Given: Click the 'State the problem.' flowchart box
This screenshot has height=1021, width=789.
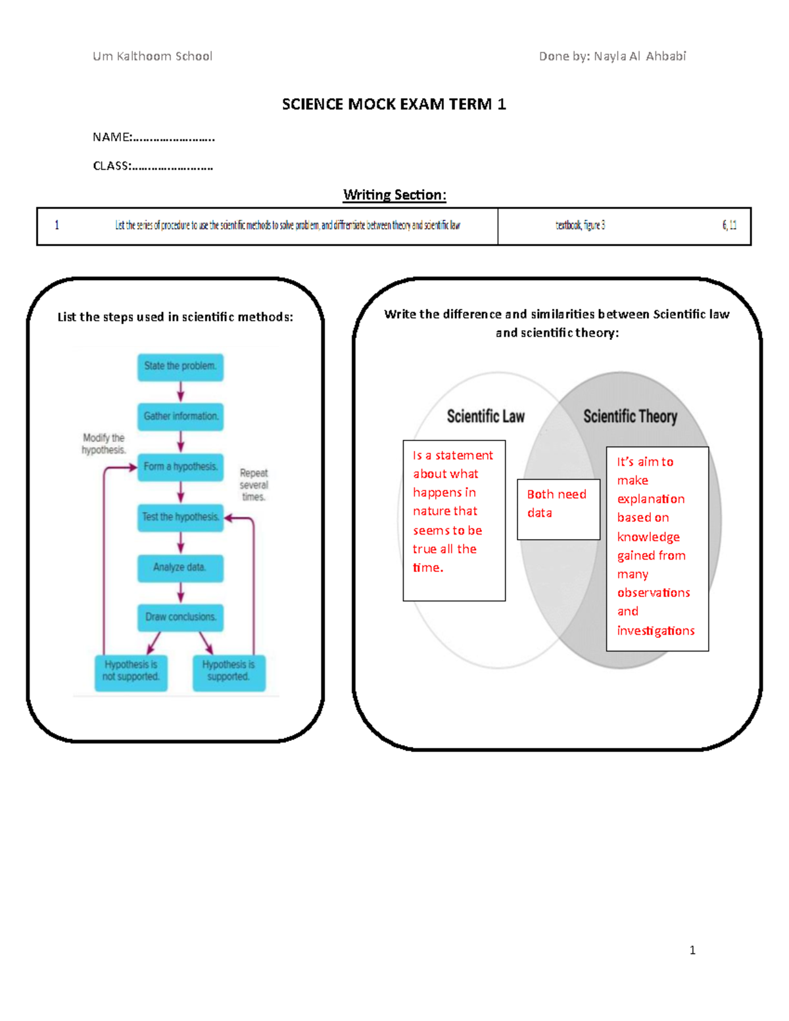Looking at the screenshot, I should click(x=180, y=367).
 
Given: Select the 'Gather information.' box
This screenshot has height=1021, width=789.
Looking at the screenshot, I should click(x=180, y=417).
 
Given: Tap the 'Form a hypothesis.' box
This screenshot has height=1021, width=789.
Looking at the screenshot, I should click(x=180, y=467).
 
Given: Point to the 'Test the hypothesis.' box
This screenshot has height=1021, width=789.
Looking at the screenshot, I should click(x=180, y=517).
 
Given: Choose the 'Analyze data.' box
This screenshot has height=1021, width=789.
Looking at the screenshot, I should click(x=180, y=567).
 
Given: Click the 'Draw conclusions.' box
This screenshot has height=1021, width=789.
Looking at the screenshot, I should click(x=180, y=617).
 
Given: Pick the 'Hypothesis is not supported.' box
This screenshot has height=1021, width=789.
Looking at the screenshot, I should click(x=131, y=671).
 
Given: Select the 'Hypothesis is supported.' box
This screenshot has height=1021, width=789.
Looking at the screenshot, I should click(x=229, y=671).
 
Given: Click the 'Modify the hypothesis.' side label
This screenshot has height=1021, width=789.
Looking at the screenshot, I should click(x=103, y=444).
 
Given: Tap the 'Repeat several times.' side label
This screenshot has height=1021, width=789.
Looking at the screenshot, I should click(x=254, y=485).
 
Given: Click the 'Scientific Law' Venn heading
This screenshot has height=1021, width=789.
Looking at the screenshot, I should click(x=486, y=416).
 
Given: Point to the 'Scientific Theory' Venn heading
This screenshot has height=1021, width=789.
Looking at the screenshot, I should click(x=630, y=416).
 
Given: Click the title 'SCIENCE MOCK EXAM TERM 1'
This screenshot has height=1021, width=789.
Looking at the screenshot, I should click(x=394, y=104).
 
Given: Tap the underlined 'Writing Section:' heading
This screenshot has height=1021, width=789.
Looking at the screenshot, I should click(x=394, y=195).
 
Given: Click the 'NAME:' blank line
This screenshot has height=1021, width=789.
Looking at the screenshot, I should click(x=174, y=137).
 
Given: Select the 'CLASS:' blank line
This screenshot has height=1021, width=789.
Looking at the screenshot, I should click(x=172, y=166).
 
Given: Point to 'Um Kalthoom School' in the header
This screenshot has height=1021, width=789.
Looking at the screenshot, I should click(x=153, y=57).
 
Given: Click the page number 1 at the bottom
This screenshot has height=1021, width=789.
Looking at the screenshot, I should click(x=692, y=950).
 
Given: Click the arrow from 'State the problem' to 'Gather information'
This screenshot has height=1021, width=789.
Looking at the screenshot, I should click(x=181, y=392).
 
